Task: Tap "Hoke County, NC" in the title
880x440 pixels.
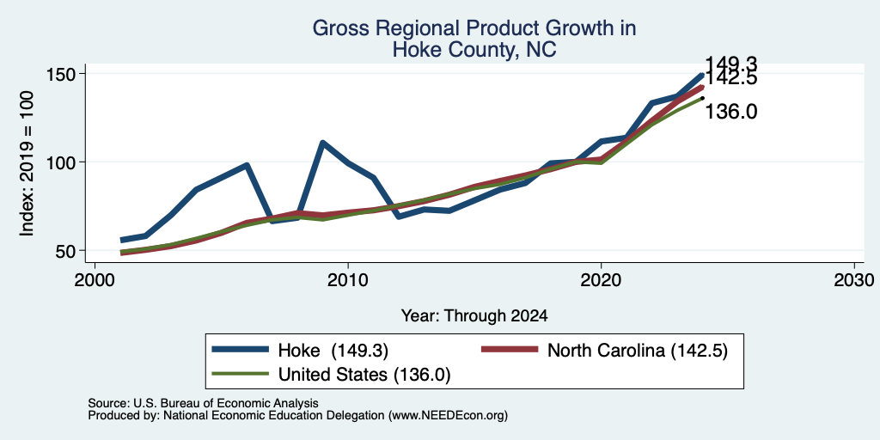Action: pyautogui.click(x=474, y=50)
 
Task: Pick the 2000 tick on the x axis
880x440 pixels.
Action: pyautogui.click(x=95, y=279)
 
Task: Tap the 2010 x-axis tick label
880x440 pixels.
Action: pyautogui.click(x=348, y=279)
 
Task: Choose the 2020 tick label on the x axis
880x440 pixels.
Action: pyautogui.click(x=601, y=279)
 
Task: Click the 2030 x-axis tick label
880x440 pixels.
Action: pyautogui.click(x=854, y=279)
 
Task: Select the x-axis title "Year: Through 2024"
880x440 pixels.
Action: pyautogui.click(x=474, y=316)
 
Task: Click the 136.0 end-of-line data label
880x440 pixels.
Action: pyautogui.click(x=730, y=112)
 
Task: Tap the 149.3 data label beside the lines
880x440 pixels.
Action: pyautogui.click(x=730, y=64)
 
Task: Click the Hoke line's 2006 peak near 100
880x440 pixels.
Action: pyautogui.click(x=247, y=165)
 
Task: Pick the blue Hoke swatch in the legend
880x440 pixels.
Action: pyautogui.click(x=241, y=351)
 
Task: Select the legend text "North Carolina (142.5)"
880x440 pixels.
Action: pyautogui.click(x=638, y=351)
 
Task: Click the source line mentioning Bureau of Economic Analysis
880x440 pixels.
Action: pyautogui.click(x=203, y=403)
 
